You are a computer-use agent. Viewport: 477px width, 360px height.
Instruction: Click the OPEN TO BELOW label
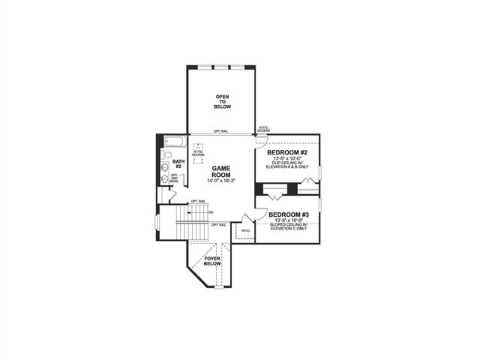click(223, 102)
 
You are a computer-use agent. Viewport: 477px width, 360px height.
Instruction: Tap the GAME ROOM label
click(223, 172)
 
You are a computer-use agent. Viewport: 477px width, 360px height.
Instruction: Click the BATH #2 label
click(178, 163)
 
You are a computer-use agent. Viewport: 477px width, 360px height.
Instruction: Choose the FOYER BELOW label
click(212, 261)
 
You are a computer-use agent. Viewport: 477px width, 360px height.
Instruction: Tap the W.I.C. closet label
click(244, 230)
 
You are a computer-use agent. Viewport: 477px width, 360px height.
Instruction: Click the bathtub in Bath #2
click(174, 142)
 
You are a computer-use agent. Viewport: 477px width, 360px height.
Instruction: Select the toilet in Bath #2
click(167, 156)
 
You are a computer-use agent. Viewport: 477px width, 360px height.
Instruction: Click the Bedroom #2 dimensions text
click(287, 159)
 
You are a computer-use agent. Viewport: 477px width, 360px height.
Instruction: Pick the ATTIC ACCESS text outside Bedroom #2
click(264, 130)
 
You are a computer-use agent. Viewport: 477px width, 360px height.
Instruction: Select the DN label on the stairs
click(211, 212)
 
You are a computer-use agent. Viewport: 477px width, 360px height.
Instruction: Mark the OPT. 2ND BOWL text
click(174, 178)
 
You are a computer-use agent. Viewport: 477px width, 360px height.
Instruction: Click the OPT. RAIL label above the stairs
click(198, 201)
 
